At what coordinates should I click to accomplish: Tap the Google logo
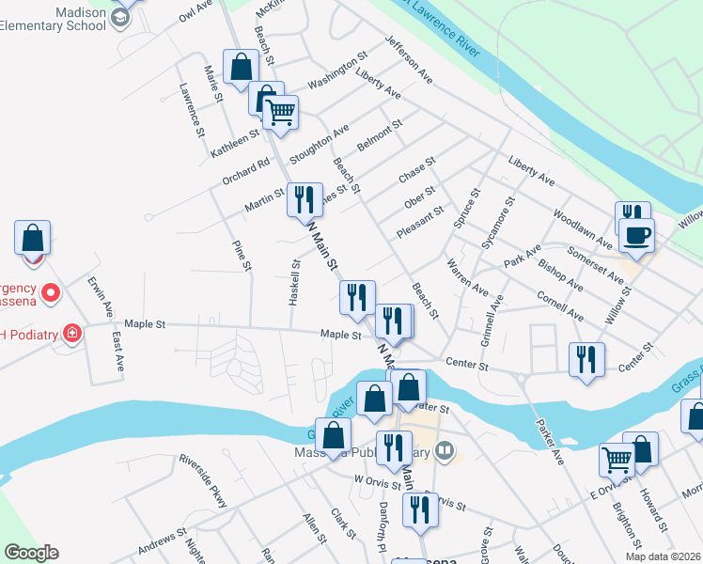[x=31, y=553]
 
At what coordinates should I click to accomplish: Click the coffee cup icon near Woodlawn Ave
[x=636, y=235]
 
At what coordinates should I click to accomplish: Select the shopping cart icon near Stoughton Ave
[x=280, y=113]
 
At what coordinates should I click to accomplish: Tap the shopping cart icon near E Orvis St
[x=617, y=460]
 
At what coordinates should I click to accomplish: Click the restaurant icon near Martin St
[x=304, y=199]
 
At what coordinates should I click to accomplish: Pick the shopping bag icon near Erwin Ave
[x=32, y=238]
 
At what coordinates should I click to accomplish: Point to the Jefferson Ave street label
[x=408, y=60]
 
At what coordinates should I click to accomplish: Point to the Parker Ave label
[x=549, y=442]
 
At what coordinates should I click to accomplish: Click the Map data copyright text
[x=662, y=556]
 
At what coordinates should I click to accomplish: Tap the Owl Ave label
[x=195, y=11]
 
